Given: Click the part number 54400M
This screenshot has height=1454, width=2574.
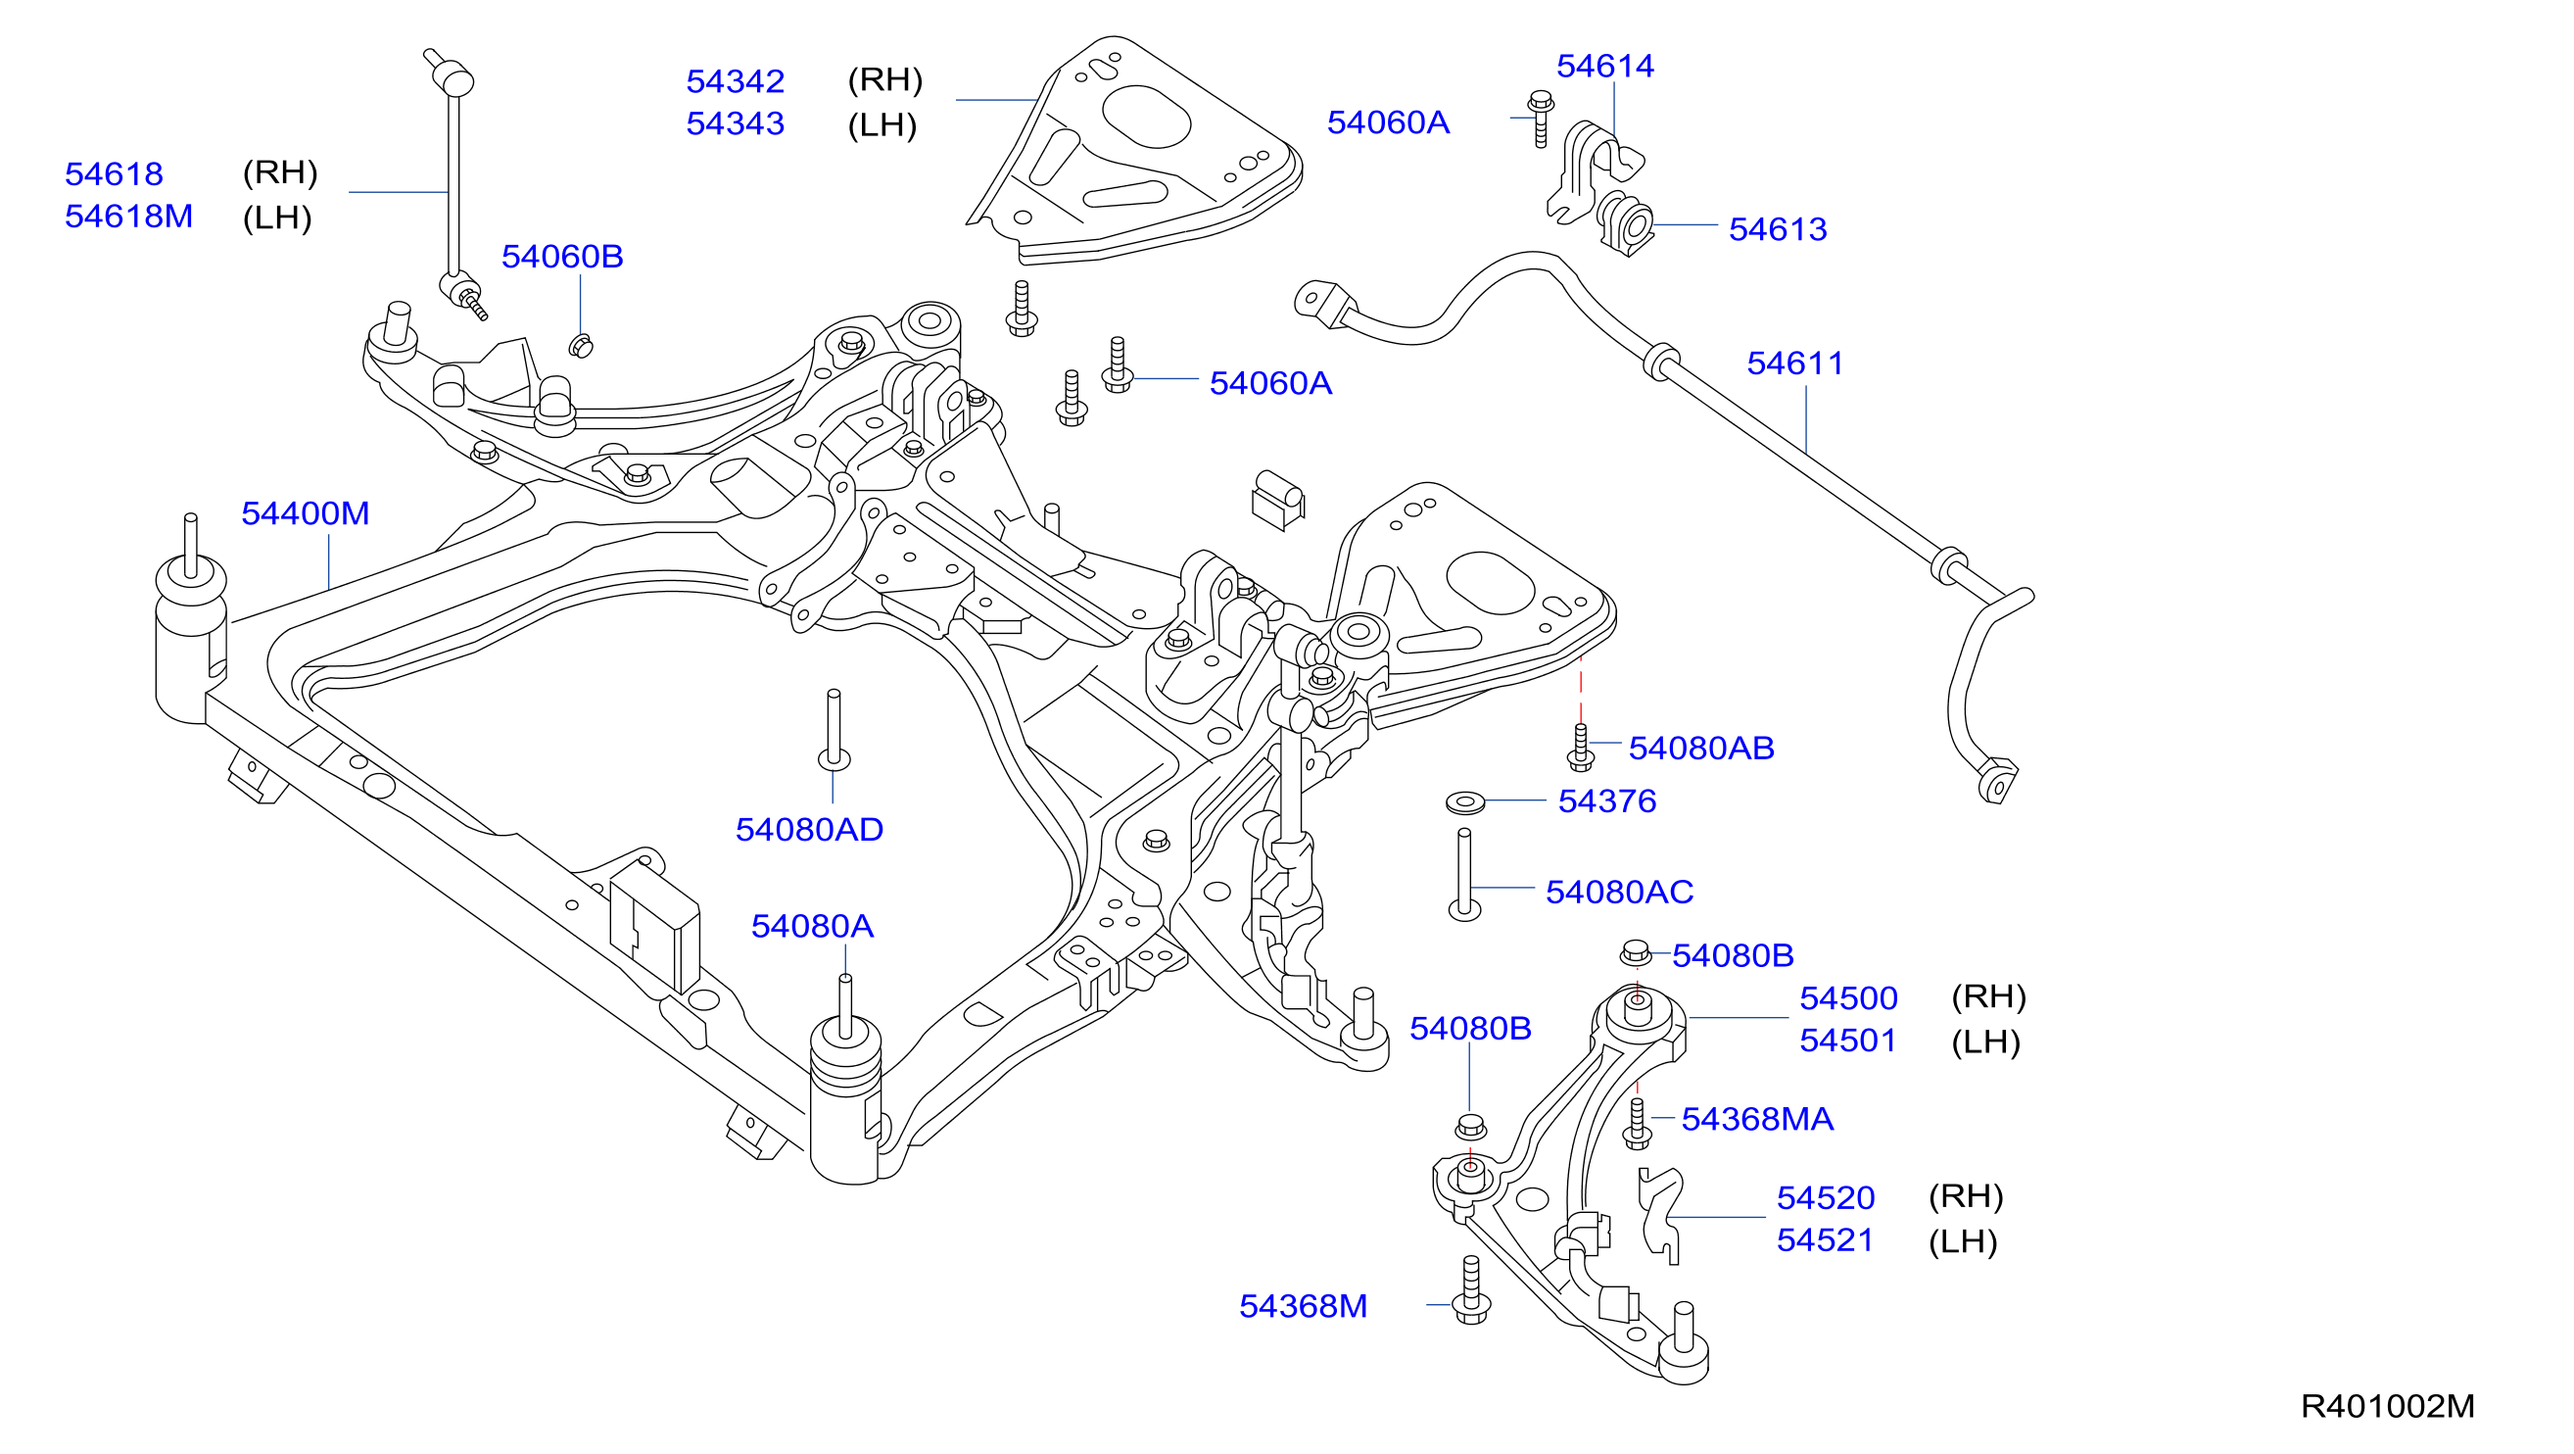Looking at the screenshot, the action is (306, 513).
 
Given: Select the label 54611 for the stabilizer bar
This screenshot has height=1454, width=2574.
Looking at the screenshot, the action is (1795, 363).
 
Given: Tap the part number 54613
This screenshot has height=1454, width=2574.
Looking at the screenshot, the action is (1778, 230).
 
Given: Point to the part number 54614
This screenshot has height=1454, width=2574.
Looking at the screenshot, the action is (1604, 66).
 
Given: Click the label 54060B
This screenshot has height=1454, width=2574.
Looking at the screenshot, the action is (562, 257).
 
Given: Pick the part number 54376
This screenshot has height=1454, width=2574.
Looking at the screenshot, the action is (1607, 801).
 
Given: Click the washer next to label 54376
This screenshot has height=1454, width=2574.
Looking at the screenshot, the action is (1466, 801).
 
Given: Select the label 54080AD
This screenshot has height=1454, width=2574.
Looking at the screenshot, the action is (809, 830).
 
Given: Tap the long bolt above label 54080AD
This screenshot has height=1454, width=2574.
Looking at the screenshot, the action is (834, 730).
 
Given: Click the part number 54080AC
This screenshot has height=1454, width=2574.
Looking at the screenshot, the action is (1620, 893).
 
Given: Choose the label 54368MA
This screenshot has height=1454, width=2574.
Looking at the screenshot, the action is (1758, 1119).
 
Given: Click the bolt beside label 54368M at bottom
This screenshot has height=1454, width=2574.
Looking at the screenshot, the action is (1471, 1290).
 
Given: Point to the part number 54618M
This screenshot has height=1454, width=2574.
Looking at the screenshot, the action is (129, 217).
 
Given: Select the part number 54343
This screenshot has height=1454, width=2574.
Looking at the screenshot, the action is (736, 123).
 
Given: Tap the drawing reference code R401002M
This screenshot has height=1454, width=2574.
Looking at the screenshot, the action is (2387, 1407).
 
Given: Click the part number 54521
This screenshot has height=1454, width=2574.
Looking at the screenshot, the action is (1826, 1240).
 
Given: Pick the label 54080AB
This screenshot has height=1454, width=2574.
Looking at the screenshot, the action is (1701, 749).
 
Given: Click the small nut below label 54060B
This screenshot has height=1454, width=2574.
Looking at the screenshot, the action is (581, 346).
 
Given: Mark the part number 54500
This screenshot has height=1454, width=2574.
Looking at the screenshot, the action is (1848, 998).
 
